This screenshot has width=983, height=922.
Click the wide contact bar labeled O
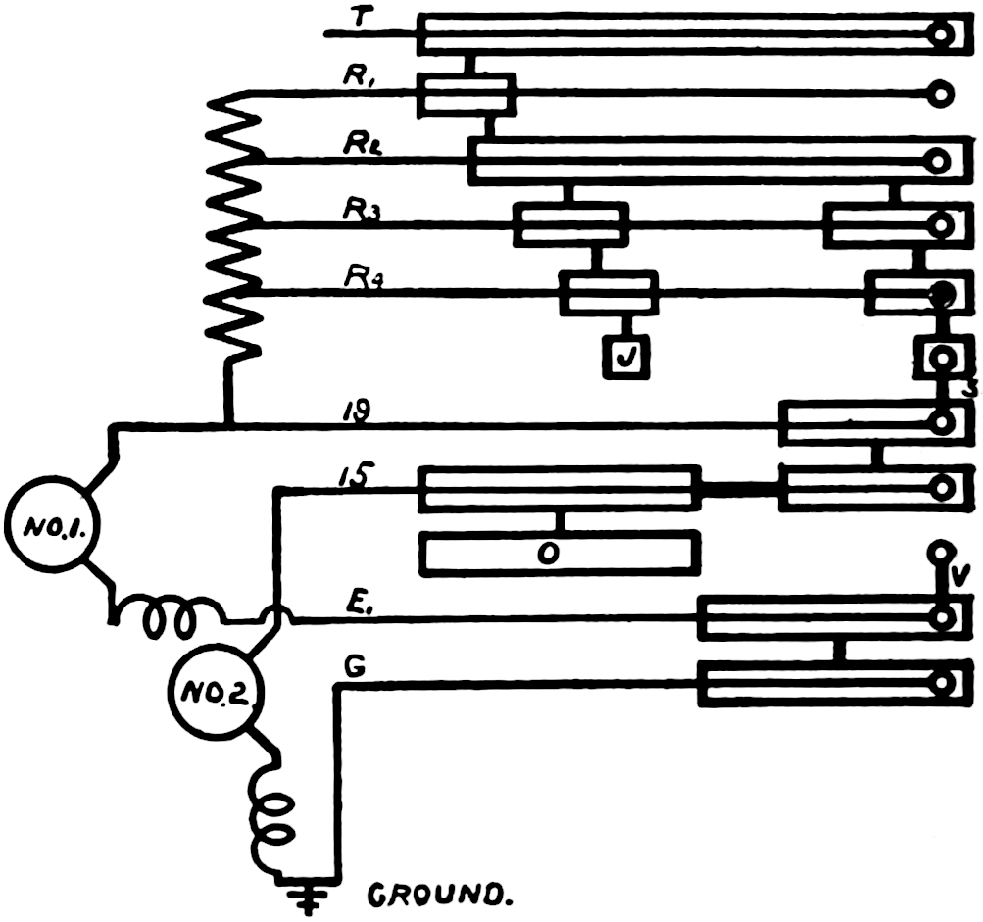coord(560,554)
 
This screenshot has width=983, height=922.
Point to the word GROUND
coord(441,894)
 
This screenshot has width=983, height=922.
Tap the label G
coord(357,667)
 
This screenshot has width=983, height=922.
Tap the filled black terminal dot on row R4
coord(940,293)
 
